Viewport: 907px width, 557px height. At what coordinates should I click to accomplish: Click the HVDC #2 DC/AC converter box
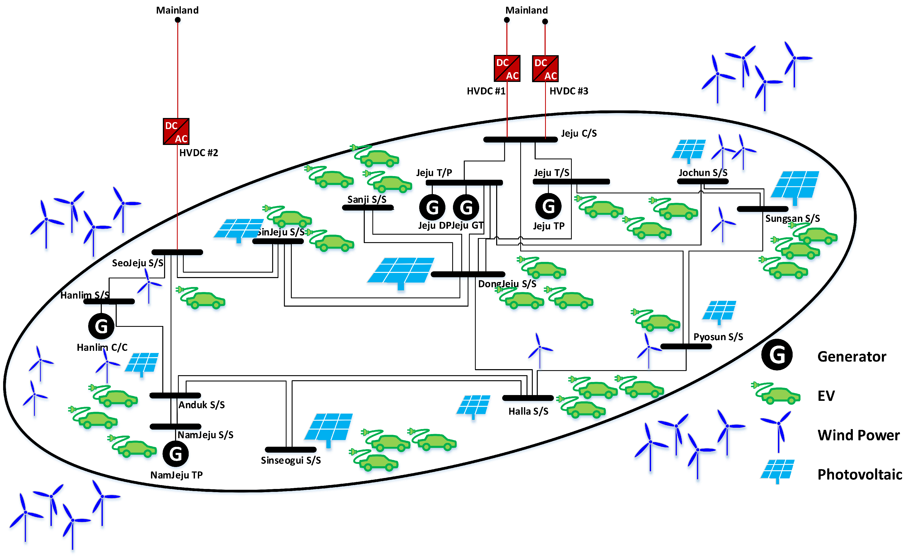tap(176, 132)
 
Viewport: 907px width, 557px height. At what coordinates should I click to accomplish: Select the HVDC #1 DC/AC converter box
tap(507, 69)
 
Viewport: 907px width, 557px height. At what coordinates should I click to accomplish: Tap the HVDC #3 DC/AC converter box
tap(545, 69)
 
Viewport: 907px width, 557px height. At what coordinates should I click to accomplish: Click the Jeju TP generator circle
tap(548, 206)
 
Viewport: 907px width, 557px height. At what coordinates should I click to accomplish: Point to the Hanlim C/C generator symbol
tap(101, 326)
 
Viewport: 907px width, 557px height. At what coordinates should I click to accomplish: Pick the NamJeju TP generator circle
tap(176, 454)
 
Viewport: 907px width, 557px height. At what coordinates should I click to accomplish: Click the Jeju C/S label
tap(579, 133)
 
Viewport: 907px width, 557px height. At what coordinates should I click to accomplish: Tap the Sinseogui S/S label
tap(291, 460)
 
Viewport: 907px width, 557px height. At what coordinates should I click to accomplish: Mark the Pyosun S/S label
tap(718, 337)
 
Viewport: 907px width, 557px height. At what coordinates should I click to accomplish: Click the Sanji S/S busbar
tap(368, 208)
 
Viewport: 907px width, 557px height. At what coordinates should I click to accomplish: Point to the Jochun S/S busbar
tap(703, 181)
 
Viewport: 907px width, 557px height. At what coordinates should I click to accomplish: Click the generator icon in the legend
tap(777, 355)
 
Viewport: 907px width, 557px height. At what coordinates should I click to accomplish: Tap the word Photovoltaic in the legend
tap(859, 475)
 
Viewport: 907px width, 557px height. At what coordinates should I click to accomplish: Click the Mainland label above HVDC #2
tap(177, 10)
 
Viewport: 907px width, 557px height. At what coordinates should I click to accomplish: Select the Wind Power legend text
tap(858, 435)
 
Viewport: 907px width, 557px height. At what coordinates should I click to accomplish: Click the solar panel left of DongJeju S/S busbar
tap(401, 273)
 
